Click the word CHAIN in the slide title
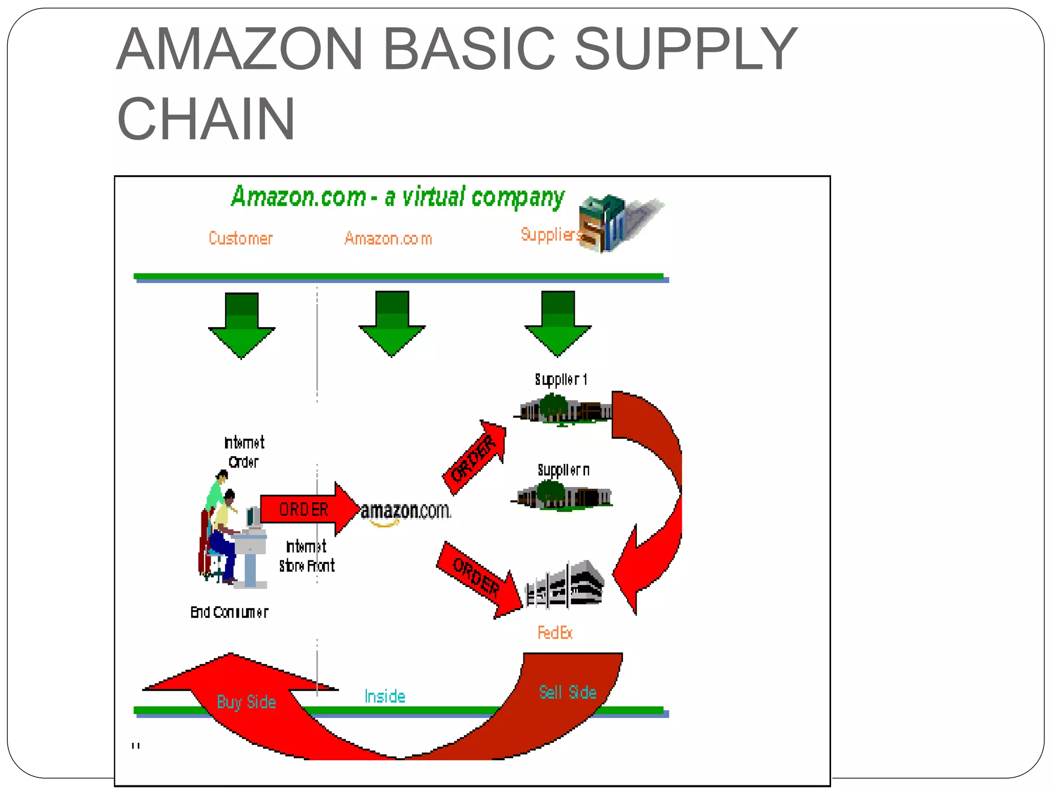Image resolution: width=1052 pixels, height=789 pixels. coord(206,119)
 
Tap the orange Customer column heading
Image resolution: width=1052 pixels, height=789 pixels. coord(240,238)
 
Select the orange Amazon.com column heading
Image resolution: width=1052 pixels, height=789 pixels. coord(388,238)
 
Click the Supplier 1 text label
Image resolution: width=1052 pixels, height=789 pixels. coord(561,380)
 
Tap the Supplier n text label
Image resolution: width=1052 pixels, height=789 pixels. coord(563,471)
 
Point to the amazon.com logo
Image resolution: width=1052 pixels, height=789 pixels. coord(405,512)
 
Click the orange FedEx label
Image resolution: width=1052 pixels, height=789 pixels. coord(555,632)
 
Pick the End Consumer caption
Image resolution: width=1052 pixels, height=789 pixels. coord(229,612)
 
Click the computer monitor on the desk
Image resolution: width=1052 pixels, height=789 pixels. coord(253,516)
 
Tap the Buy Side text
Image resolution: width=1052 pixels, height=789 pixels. coord(247,702)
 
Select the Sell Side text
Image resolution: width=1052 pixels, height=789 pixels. coord(568,692)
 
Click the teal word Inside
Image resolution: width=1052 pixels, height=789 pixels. coord(385,697)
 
